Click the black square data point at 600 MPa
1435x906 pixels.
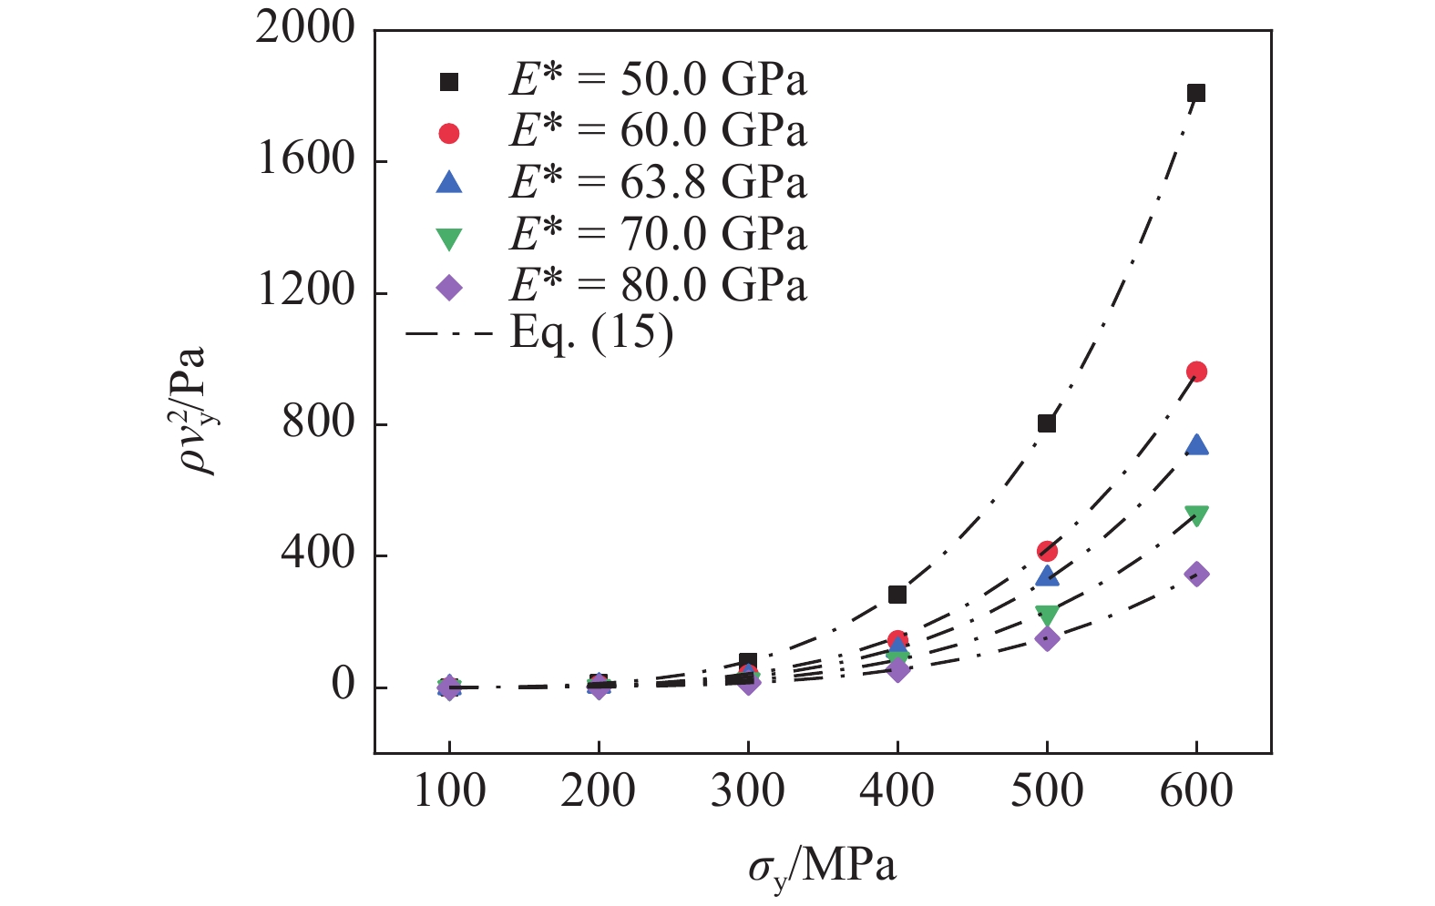point(1196,93)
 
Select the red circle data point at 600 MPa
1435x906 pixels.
point(1196,372)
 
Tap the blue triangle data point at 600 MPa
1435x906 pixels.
point(1196,445)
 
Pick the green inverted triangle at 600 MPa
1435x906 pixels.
point(1196,515)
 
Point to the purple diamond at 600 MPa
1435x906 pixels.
point(1196,574)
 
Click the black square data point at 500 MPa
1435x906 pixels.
point(1047,423)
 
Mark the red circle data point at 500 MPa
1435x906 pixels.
point(1047,551)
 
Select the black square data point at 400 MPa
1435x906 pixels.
point(897,595)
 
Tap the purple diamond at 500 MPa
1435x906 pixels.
point(1047,638)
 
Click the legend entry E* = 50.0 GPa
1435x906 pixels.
point(657,81)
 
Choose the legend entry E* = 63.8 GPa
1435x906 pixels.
point(657,183)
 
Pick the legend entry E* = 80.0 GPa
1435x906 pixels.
point(657,286)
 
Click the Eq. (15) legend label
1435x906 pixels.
point(591,333)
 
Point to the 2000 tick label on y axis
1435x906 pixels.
point(304,29)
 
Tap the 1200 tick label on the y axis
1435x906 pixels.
point(304,291)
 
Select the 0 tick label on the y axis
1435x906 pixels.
point(343,686)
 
